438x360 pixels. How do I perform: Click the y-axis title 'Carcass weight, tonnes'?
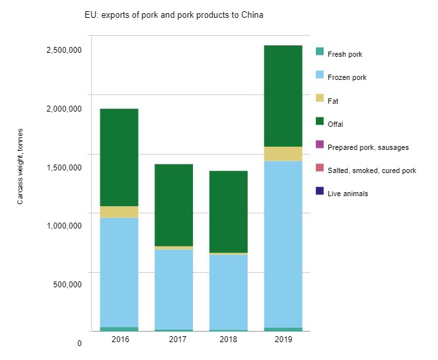pos(20,166)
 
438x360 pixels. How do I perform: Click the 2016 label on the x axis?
pos(120,339)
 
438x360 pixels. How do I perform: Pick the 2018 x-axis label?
pos(229,339)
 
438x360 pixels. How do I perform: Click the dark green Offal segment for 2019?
pos(283,96)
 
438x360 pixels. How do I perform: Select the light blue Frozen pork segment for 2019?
pos(283,244)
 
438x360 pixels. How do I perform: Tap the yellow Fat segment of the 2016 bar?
pos(119,212)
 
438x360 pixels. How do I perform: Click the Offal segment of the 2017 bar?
pos(174,205)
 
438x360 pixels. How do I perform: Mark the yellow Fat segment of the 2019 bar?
pos(283,154)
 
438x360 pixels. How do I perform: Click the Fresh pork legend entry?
pos(344,54)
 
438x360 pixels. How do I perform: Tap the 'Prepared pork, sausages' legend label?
pos(367,147)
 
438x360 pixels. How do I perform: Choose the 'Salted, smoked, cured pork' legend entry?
pos(371,170)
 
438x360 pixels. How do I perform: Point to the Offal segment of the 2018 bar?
pos(229,211)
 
